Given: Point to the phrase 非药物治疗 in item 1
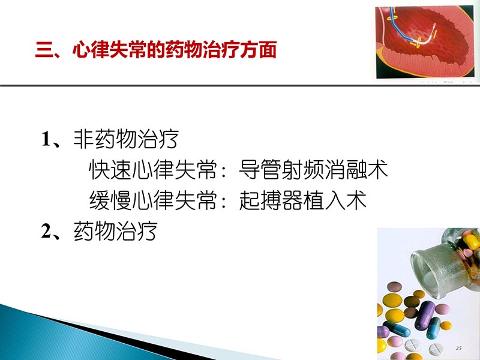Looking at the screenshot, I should coord(125,140).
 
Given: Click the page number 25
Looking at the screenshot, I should coord(459,348).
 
